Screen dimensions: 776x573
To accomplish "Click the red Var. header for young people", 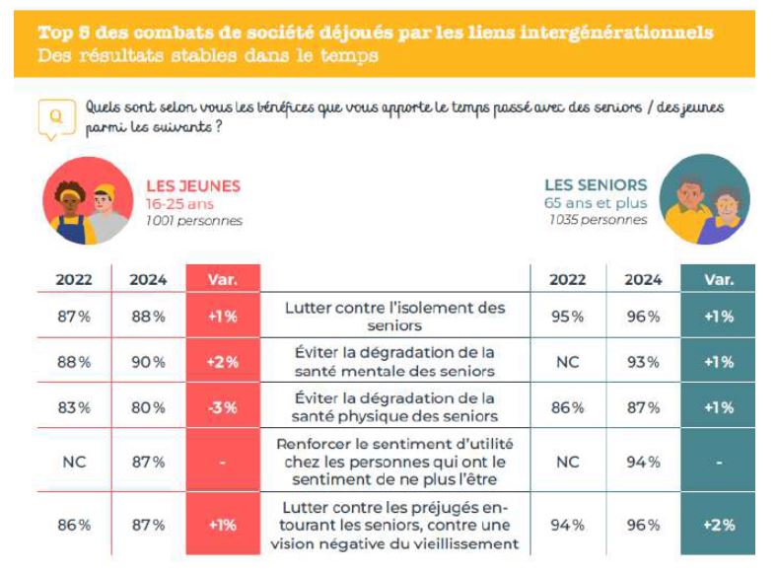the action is click(x=223, y=279).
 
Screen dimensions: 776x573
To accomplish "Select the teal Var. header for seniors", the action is click(x=718, y=279).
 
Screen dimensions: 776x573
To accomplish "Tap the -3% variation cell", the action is click(x=223, y=407).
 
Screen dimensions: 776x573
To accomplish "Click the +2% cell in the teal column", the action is click(x=719, y=525).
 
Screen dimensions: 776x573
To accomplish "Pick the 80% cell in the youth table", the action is click(x=148, y=407).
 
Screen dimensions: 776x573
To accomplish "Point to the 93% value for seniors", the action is click(x=643, y=362).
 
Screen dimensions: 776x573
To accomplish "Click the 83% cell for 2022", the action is click(x=74, y=407).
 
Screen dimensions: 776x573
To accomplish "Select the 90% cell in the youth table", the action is click(x=148, y=362).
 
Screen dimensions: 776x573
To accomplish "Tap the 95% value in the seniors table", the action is click(x=568, y=317).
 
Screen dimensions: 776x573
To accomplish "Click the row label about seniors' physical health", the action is click(x=394, y=406).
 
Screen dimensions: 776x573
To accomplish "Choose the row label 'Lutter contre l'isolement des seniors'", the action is click(x=394, y=317).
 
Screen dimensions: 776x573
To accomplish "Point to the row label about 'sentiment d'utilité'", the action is click(x=394, y=462).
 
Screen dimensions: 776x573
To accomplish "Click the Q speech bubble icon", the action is click(x=56, y=118).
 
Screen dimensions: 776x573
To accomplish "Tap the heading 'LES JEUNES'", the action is click(x=193, y=186).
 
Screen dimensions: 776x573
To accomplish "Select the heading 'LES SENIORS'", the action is click(x=596, y=185).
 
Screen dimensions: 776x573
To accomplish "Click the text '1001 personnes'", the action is click(x=194, y=221).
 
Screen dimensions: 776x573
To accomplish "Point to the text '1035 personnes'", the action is click(x=598, y=220).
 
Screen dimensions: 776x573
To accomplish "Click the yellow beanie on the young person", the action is click(x=106, y=190).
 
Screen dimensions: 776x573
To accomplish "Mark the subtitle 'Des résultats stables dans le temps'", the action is click(x=208, y=55).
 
